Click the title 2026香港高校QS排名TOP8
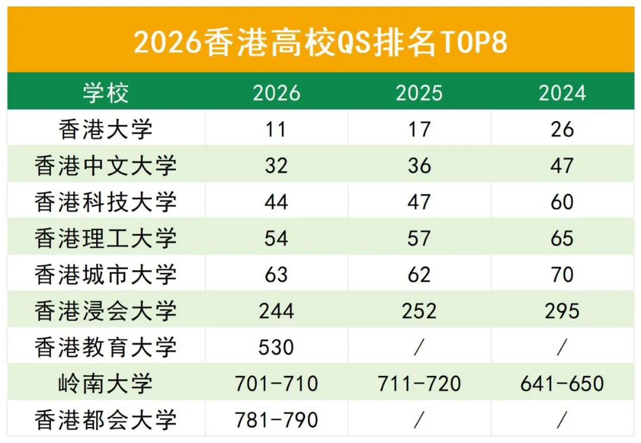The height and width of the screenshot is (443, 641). pos(320,43)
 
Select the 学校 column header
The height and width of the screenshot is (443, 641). pos(106,93)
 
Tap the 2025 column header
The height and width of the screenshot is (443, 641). pos(419,93)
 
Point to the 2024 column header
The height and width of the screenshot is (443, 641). pos(561,93)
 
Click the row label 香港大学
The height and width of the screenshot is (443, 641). pos(106,129)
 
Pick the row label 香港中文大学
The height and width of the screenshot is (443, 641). pos(106,165)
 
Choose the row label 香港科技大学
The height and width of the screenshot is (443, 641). pos(106,202)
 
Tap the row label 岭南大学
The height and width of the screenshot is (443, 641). pos(106,384)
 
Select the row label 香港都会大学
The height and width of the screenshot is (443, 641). pos(106,420)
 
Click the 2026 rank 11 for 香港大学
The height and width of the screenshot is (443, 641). pos(276,129)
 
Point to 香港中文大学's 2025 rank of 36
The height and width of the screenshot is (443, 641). pos(419,165)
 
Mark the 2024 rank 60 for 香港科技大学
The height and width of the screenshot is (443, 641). pos(561,202)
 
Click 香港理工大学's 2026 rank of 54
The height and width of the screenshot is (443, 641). pos(276,238)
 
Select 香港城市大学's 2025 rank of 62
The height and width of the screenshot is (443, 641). pos(419,275)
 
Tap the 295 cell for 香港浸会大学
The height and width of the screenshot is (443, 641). pos(561,311)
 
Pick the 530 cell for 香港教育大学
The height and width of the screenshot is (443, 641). pos(276,348)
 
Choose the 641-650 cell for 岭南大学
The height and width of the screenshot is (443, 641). pos(561,384)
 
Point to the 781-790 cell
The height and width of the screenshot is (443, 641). pos(276,420)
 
